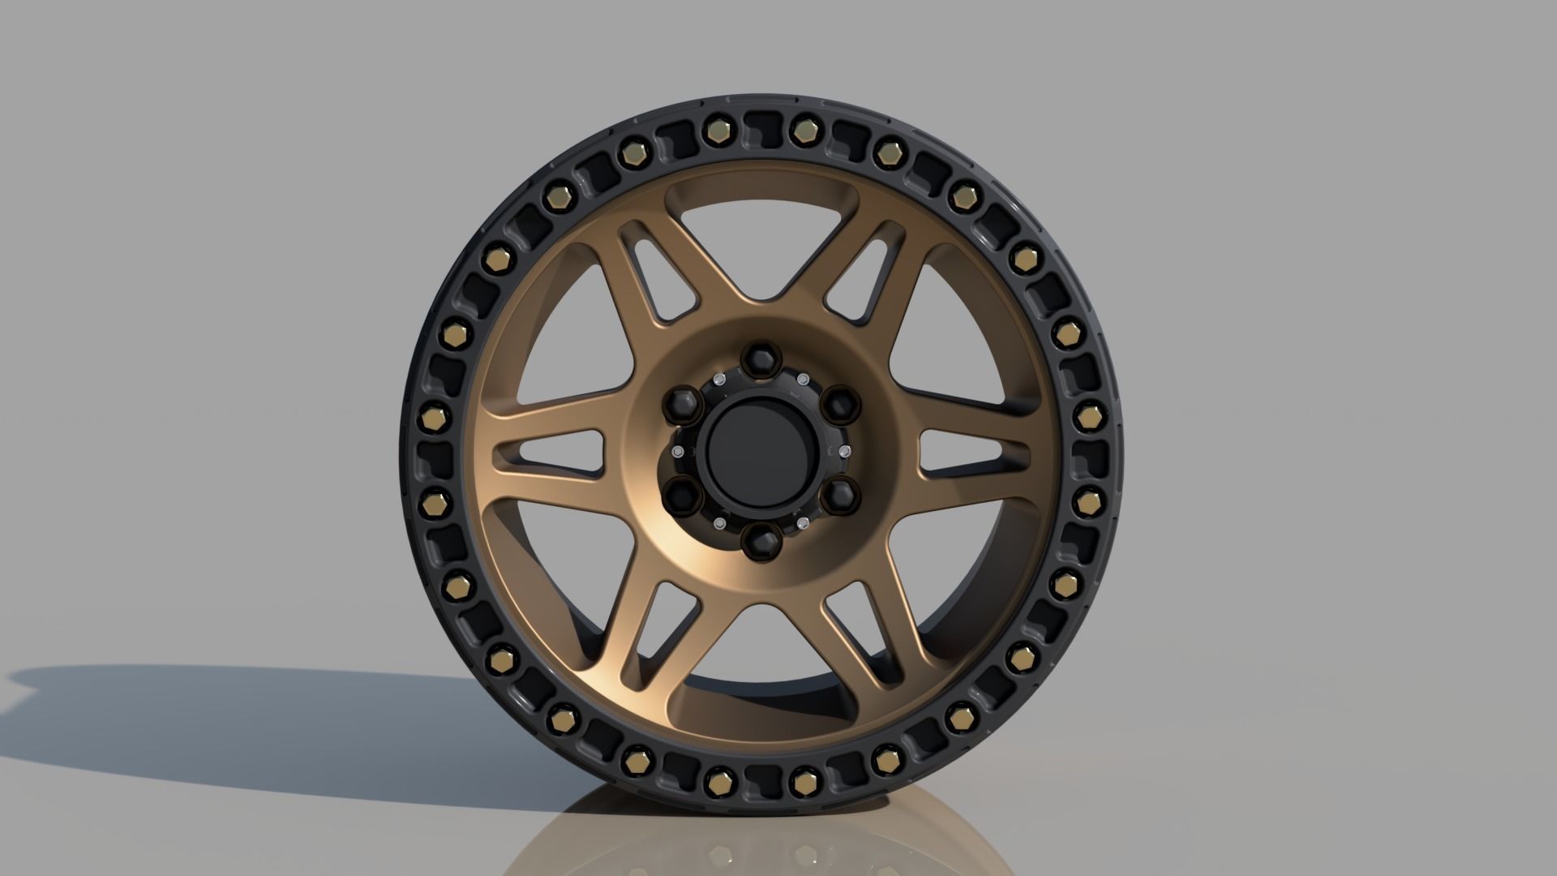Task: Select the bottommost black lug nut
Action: [760, 539]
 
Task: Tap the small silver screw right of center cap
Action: [846, 450]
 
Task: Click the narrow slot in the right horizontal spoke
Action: [961, 452]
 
